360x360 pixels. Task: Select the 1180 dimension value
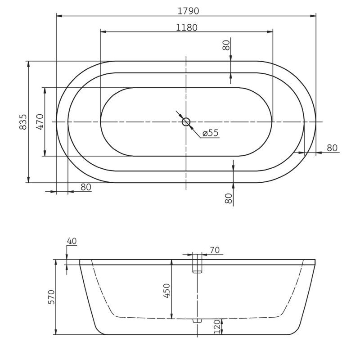pos(186,27)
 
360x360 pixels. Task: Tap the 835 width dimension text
pos(23,122)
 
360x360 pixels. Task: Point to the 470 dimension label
pos(40,122)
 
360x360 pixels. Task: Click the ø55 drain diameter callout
pos(210,133)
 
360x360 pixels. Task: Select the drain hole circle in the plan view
pos(186,121)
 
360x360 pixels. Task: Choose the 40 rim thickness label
pos(72,241)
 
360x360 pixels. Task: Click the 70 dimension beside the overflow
pos(214,250)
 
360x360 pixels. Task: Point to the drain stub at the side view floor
pos(198,320)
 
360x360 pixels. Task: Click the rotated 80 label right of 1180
pos(226,45)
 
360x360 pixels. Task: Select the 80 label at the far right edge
pos(332,148)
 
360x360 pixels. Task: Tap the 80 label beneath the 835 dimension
pos(85,187)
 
